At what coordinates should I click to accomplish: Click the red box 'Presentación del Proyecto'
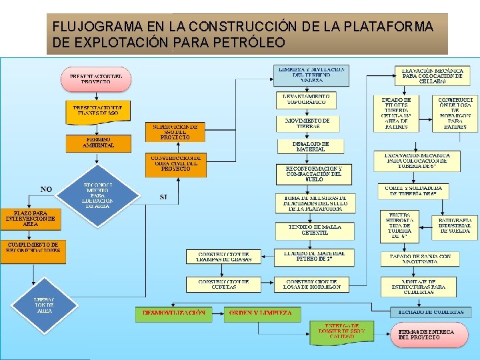click(96, 79)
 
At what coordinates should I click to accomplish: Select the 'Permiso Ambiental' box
click(98, 142)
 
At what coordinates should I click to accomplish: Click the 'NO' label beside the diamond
click(46, 189)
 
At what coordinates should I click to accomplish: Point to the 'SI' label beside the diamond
click(164, 197)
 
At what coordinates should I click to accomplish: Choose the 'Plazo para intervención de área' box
click(31, 218)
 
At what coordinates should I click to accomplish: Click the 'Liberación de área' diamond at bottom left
click(45, 305)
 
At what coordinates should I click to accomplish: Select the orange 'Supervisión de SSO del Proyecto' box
click(175, 131)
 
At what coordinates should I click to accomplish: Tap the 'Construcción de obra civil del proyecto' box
click(175, 164)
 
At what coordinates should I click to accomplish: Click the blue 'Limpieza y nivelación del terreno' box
click(311, 75)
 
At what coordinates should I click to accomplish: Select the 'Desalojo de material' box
click(310, 146)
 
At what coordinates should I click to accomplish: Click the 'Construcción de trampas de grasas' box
click(223, 257)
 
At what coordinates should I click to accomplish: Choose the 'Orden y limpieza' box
click(260, 313)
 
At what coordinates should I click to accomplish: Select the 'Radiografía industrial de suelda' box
click(455, 225)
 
